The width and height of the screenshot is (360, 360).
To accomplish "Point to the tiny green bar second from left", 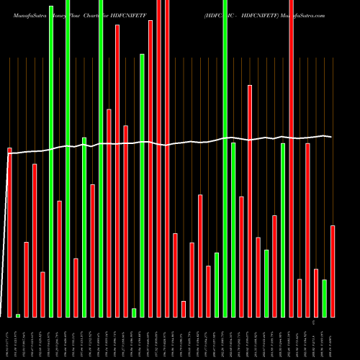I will coord(18,315).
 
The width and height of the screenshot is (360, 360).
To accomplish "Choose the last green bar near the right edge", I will coord(325,298).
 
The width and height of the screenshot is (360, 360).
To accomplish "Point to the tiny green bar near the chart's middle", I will coord(134,312).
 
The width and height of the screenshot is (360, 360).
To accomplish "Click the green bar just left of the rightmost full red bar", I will coord(283,230).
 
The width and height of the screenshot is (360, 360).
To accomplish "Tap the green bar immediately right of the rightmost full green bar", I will coord(233,230).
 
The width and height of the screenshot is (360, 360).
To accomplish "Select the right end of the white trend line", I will coord(331,136).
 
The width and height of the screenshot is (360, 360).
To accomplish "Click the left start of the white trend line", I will coord(8,153).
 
